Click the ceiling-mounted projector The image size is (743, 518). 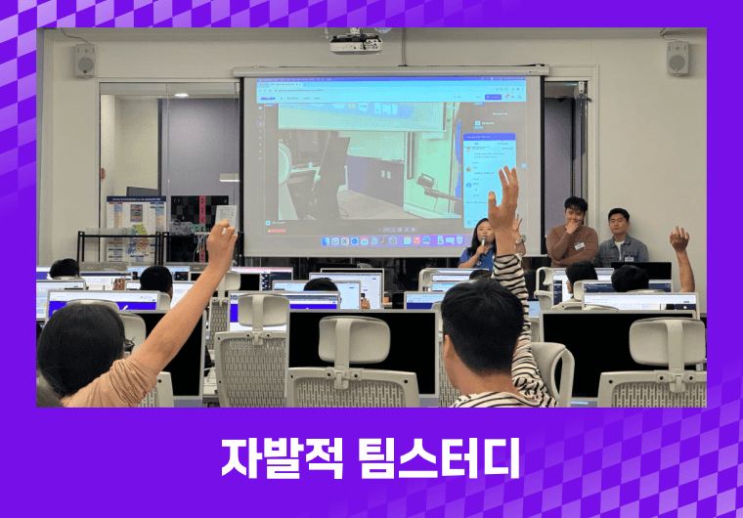pyautogui.click(x=355, y=43)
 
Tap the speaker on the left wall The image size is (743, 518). pyautogui.click(x=84, y=60)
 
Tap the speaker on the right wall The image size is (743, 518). pyautogui.click(x=677, y=58)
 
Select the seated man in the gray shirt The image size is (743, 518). pyautogui.click(x=621, y=238)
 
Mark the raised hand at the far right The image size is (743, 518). pyautogui.click(x=678, y=237)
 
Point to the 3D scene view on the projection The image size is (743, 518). pyautogui.click(x=362, y=161)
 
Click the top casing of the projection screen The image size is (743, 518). pyautogui.click(x=391, y=70)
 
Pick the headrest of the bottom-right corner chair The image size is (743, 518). pyautogui.click(x=667, y=342)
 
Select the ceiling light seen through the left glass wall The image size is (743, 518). pyautogui.click(x=178, y=95)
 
